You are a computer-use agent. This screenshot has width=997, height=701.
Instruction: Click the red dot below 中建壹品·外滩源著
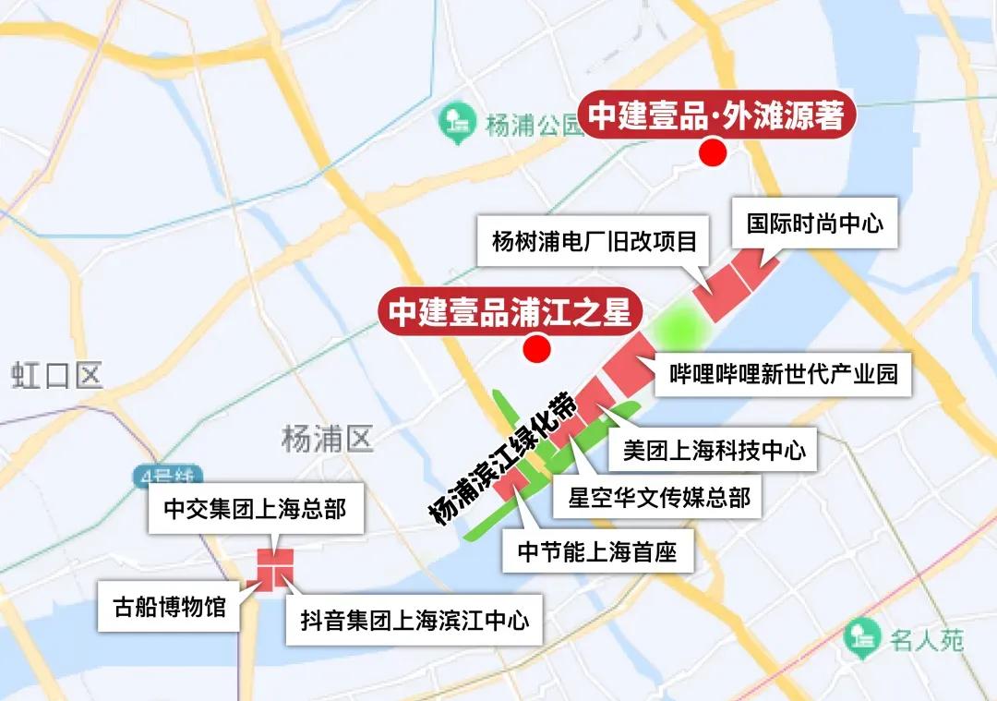(x=711, y=153)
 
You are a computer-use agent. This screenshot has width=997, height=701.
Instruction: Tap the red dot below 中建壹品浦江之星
(x=535, y=349)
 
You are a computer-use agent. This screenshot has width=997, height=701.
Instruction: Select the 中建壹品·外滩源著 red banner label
(x=716, y=116)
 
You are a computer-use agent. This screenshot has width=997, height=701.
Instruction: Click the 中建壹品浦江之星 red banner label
(x=510, y=311)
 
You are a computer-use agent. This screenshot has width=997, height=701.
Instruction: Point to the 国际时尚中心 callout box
(x=814, y=224)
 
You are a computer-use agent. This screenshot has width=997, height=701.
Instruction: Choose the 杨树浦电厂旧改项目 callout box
(x=595, y=242)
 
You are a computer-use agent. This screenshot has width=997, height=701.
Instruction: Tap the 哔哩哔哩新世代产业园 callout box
(x=784, y=373)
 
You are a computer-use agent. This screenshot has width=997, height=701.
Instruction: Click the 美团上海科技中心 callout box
(x=714, y=449)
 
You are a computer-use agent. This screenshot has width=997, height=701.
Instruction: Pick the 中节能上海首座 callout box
(x=597, y=552)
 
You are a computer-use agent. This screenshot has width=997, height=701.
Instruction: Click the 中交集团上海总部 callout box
(x=255, y=510)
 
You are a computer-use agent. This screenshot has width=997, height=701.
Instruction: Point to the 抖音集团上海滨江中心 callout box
(x=415, y=620)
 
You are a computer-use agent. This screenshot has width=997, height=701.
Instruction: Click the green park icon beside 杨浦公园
(x=456, y=123)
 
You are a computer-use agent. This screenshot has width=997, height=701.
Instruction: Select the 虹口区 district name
(x=57, y=376)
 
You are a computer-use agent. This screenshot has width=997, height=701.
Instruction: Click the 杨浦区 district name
(x=328, y=439)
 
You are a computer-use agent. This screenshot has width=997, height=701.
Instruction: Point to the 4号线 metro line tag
(x=165, y=478)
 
